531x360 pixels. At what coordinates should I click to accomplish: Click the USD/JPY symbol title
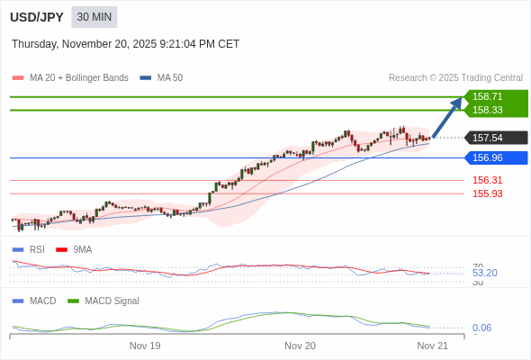(36, 17)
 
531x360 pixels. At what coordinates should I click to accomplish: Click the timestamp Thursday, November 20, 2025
(125, 43)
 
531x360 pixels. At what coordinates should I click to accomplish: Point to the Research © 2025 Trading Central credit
(455, 78)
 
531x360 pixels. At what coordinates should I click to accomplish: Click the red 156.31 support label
(487, 180)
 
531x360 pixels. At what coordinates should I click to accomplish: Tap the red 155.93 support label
(487, 193)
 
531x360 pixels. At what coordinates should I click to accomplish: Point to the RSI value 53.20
(484, 273)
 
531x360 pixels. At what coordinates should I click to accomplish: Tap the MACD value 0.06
(481, 328)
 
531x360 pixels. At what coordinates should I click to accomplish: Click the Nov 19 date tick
(145, 346)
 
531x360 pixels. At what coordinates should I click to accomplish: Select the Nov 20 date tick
(300, 346)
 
